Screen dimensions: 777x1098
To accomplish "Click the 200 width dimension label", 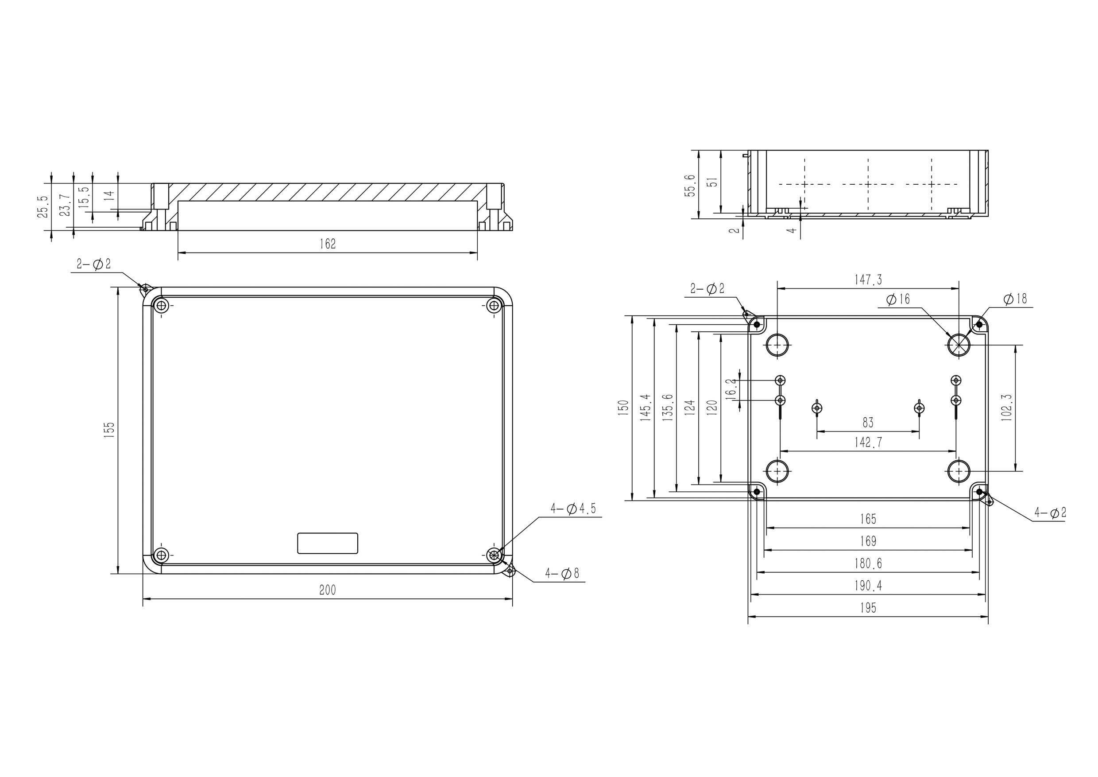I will [328, 591].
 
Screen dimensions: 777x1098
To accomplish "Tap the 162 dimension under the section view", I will [328, 244].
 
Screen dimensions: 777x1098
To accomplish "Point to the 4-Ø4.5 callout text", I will [573, 509].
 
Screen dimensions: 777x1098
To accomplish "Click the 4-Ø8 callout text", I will [562, 573].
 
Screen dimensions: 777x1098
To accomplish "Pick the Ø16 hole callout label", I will [897, 300].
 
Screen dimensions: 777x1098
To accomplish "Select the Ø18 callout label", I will [1015, 299].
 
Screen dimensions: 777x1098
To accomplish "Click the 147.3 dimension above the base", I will [868, 280].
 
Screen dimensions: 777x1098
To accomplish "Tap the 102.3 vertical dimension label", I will [1006, 407].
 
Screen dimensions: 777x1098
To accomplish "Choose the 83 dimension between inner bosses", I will [867, 423].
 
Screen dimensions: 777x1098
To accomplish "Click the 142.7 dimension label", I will [868, 443].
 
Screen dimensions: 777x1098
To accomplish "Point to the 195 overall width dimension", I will [868, 608].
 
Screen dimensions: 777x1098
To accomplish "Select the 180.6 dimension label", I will [868, 563].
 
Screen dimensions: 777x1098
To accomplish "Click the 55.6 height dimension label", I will [690, 185].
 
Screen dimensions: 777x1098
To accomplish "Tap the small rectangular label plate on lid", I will [328, 543].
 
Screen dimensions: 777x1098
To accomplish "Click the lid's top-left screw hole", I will [161, 305].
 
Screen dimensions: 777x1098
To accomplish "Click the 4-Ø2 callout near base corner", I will [1050, 513].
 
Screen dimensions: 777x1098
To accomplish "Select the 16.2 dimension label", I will [730, 388].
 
